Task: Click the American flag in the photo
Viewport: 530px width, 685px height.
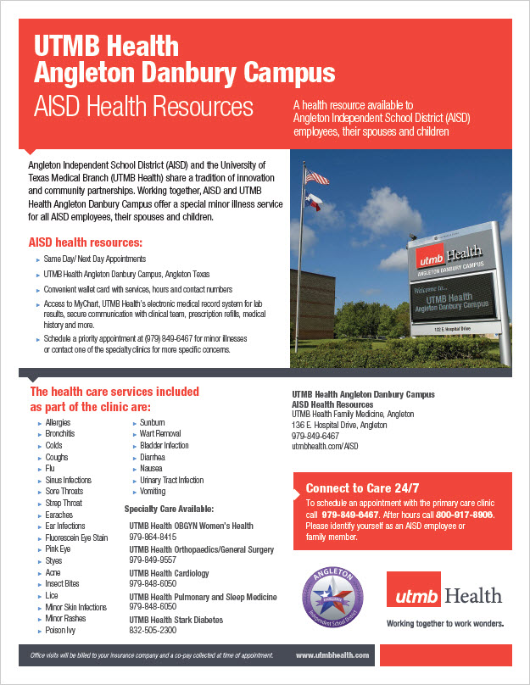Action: pos(316,177)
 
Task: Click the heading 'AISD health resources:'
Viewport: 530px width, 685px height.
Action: pos(85,243)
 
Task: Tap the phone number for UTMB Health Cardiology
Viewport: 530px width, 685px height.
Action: pos(153,584)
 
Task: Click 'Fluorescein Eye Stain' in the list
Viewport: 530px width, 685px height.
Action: pos(76,537)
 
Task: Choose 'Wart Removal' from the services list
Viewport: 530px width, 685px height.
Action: pos(159,434)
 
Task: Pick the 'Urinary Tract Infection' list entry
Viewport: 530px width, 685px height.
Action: pos(171,480)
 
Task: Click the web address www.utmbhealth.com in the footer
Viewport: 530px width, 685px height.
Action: pos(332,655)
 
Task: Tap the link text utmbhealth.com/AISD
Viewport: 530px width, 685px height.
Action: pos(326,445)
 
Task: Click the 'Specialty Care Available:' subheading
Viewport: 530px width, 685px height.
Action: pos(169,509)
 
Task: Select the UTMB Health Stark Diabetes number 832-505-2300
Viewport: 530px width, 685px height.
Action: pos(153,631)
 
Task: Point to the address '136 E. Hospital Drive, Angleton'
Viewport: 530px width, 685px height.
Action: pos(339,425)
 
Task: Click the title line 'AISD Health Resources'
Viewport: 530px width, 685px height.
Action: pos(143,108)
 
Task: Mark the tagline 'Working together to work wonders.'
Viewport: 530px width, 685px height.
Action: pos(445,623)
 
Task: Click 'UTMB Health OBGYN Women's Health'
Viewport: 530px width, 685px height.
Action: pos(191,526)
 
